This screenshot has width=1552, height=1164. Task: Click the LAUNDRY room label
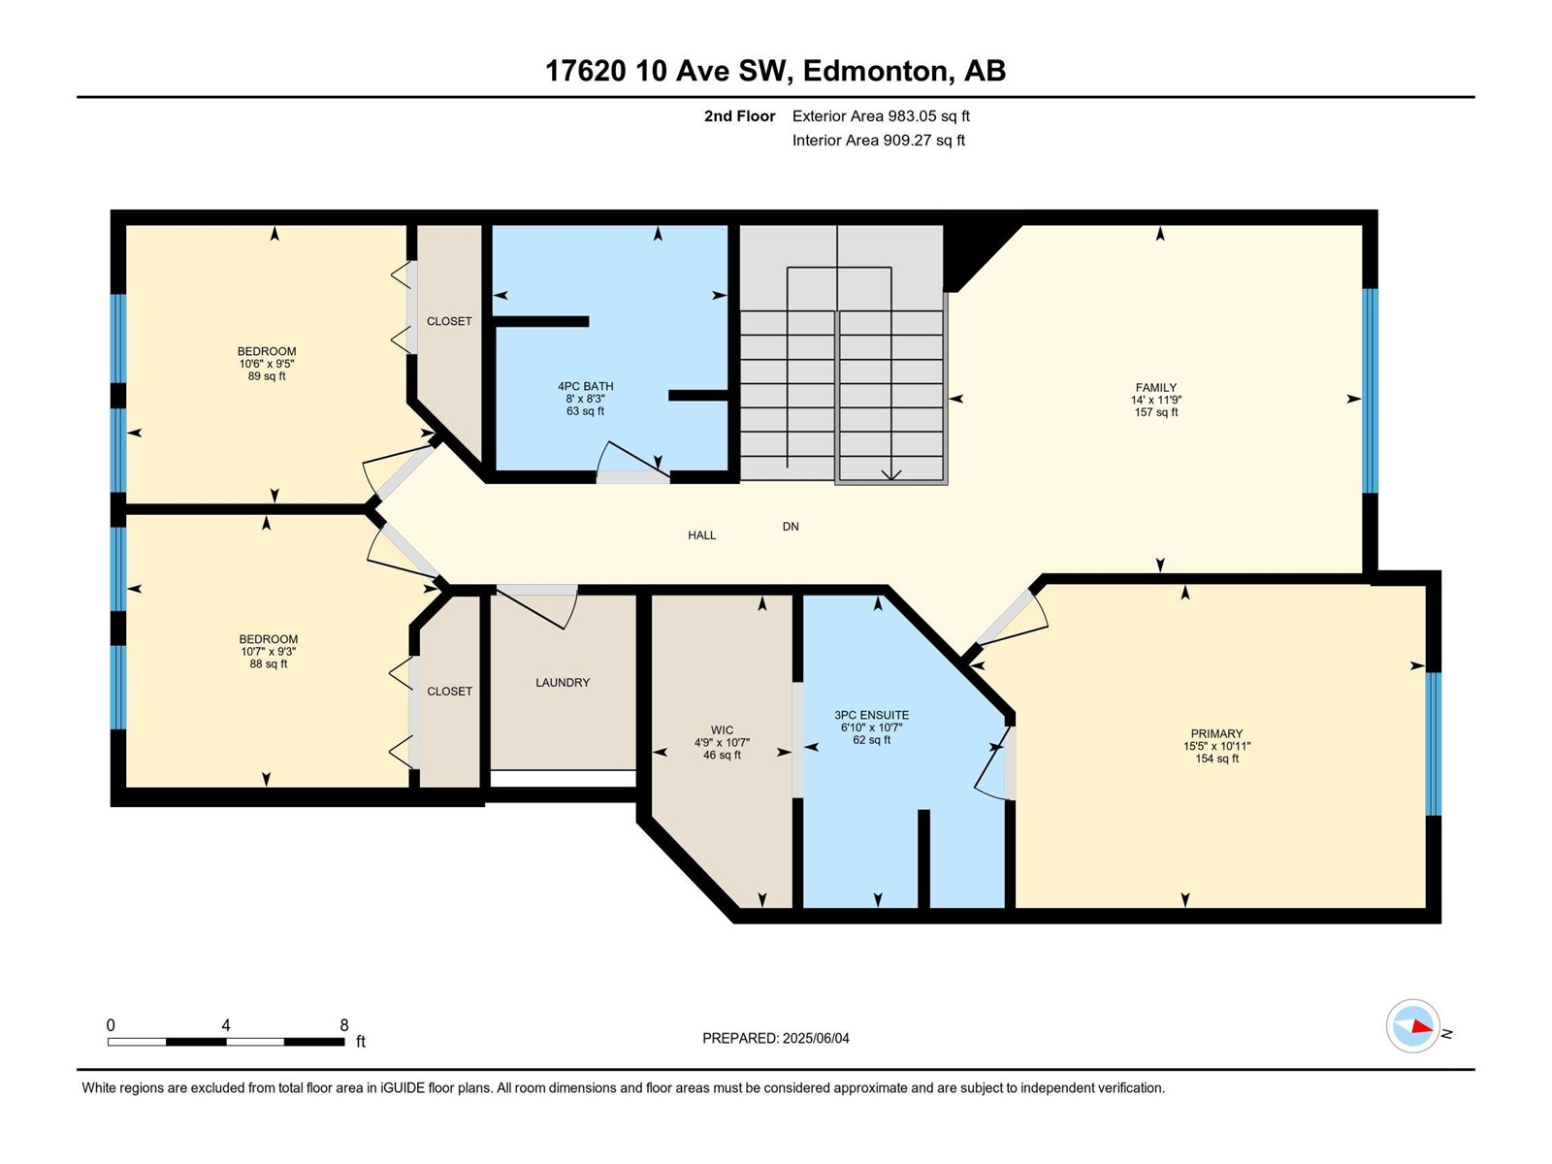(562, 683)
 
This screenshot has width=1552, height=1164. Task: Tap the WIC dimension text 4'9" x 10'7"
(722, 742)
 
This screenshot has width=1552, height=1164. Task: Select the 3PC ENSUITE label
(871, 715)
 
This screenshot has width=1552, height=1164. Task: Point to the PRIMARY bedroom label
(1216, 733)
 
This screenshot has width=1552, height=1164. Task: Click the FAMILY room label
(1156, 387)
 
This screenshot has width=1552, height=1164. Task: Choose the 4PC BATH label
(586, 387)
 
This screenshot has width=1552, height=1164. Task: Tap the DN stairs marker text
(791, 527)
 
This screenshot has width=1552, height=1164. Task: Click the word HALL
(701, 535)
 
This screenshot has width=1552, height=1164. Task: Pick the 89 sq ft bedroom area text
(267, 376)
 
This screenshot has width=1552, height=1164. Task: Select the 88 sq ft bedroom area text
(268, 663)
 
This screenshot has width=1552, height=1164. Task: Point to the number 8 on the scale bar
(344, 1025)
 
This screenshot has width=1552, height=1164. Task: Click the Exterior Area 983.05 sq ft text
(881, 115)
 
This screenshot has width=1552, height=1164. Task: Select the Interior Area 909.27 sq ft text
(878, 140)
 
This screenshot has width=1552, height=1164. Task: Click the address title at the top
(776, 71)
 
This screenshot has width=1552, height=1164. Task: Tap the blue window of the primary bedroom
(1433, 743)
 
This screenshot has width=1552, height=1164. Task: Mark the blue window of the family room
(1370, 390)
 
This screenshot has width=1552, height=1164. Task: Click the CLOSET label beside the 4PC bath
(449, 321)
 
